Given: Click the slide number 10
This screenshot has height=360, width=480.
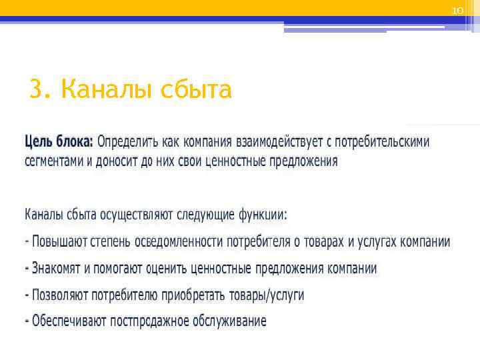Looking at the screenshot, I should tap(457, 11).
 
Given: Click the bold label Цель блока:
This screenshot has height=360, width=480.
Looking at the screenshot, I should tap(59, 142).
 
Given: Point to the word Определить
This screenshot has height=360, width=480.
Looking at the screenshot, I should tap(127, 142).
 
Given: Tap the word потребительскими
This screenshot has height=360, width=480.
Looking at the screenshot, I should tap(382, 142).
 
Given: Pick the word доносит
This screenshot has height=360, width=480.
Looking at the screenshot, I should tap(115, 161).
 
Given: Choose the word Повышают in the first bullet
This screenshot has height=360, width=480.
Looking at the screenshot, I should tap(59, 242).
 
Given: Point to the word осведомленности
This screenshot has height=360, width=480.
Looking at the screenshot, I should tap(179, 242).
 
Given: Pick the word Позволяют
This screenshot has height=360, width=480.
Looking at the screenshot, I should tap(58, 295).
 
